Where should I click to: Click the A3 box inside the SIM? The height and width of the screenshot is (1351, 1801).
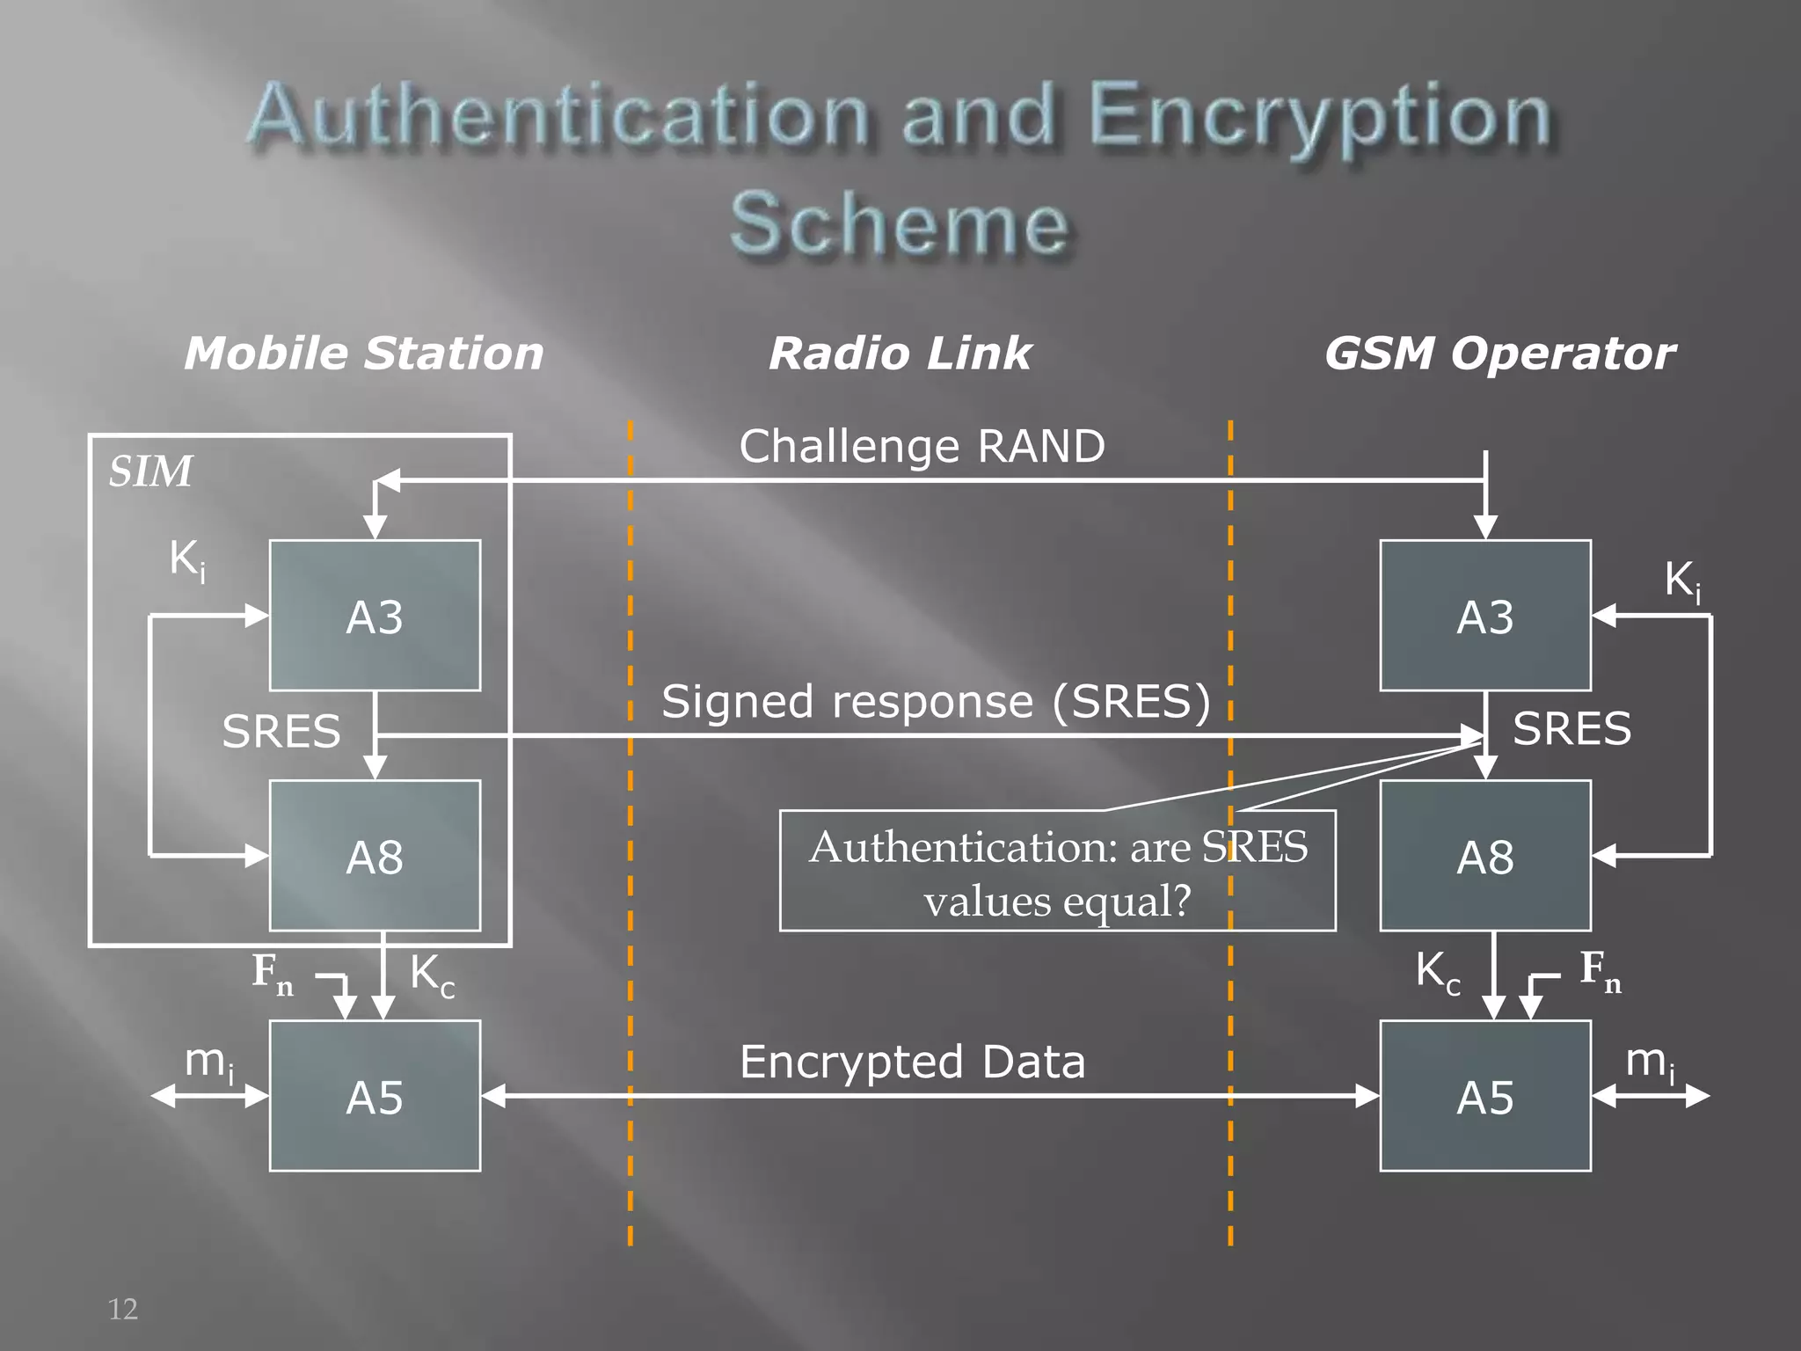(375, 616)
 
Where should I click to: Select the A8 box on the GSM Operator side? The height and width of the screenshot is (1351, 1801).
(1485, 856)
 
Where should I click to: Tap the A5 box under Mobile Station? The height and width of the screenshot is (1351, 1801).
(375, 1096)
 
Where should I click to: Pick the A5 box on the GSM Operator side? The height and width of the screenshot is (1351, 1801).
(1485, 1096)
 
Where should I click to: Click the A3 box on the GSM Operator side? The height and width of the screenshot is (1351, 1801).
(1485, 616)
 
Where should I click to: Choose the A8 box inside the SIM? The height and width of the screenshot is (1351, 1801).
(375, 856)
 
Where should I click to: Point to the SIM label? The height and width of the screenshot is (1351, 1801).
(150, 471)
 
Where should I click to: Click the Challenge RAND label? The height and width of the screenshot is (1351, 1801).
(922, 446)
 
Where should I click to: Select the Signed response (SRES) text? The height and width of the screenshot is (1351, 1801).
(936, 702)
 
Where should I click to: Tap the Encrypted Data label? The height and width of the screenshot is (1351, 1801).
(913, 1062)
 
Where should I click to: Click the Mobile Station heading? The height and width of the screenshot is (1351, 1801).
(363, 354)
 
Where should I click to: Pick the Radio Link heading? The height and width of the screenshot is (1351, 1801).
(900, 354)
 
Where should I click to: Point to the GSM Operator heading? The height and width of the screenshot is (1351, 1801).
(1499, 354)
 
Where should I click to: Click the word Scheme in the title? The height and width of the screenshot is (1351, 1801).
(899, 223)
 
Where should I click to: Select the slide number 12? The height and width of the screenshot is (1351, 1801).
(122, 1309)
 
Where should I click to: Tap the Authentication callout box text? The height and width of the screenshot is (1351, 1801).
(1058, 873)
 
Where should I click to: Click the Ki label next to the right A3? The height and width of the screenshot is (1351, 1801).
(1682, 582)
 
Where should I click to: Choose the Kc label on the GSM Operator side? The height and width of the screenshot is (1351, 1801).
(1438, 973)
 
